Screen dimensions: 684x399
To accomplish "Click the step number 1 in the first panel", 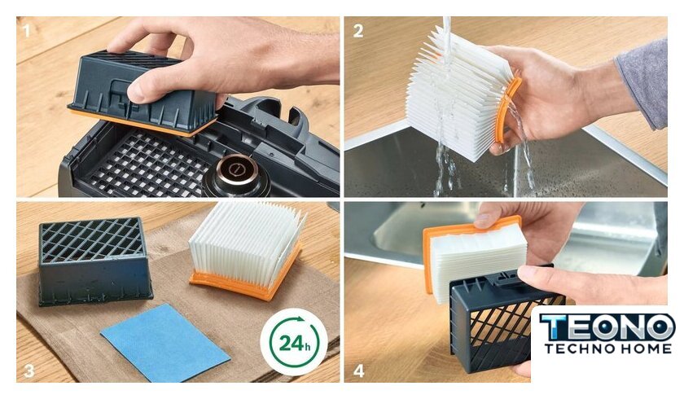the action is (26, 30).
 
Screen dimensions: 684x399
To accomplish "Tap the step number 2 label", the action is (358, 31).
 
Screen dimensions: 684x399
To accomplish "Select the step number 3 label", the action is (28, 370).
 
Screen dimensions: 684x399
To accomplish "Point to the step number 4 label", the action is (358, 370).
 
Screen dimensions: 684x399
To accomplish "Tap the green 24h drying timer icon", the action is (294, 342).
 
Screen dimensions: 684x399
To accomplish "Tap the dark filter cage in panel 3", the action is (94, 261).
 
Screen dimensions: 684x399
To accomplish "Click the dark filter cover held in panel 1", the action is (144, 94).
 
